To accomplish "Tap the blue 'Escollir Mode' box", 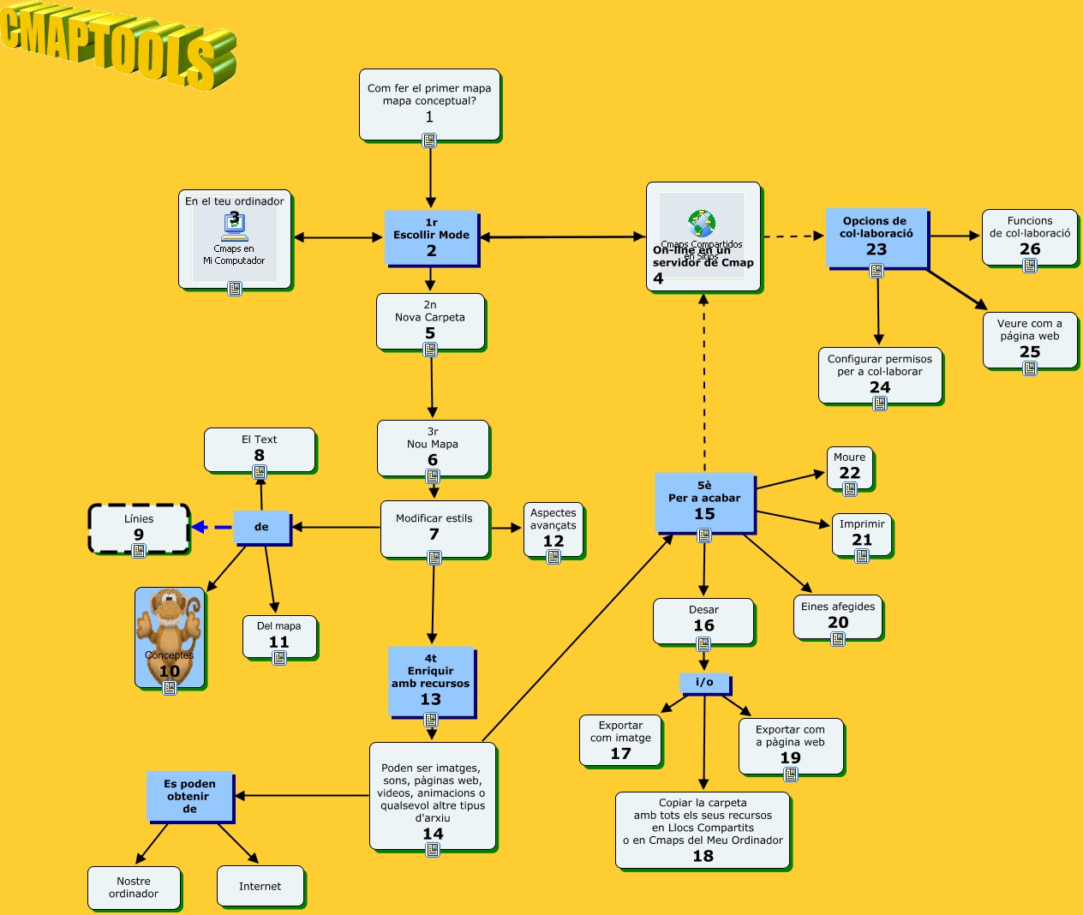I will point(431,237).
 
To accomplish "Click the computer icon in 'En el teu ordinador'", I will point(234,226).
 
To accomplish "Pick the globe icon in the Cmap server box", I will point(702,224).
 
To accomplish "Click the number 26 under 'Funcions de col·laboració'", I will point(1030,249).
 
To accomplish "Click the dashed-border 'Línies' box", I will point(139,528).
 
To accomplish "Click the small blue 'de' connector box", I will point(261,527).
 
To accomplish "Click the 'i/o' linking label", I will point(704,682).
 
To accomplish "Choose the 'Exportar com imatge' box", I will point(620,739).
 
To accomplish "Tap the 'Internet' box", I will point(260,886).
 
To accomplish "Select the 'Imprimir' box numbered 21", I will point(862,534).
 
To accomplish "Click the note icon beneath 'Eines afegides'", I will point(838,639).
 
